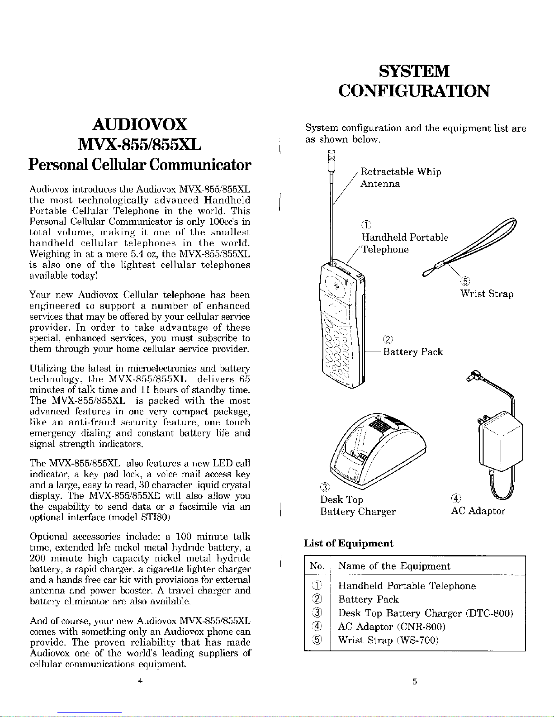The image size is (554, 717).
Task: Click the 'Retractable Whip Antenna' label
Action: point(400,178)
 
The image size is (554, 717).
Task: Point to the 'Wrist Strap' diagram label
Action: point(487,294)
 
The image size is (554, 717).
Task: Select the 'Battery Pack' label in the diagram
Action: point(412,352)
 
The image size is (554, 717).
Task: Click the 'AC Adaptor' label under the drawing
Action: point(478,511)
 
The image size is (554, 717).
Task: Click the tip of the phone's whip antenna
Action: point(331,156)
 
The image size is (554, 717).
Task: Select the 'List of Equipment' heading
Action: point(349,543)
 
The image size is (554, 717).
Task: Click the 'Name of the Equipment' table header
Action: point(394,566)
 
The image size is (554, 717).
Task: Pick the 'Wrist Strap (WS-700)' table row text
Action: point(389,640)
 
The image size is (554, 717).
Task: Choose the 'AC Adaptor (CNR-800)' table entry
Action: point(392,627)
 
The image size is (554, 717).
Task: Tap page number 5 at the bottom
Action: point(414,682)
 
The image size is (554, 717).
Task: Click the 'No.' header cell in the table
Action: point(317,567)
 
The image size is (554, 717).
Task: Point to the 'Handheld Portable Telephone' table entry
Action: point(407,586)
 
